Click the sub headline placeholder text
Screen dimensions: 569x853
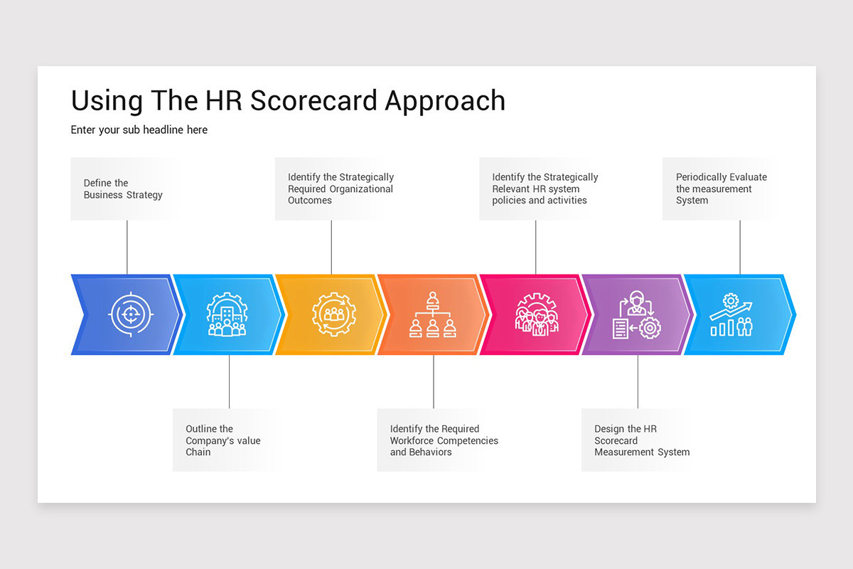[x=139, y=130]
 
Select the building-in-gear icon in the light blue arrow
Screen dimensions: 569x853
[x=227, y=314]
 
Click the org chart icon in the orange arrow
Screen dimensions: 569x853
[x=432, y=314]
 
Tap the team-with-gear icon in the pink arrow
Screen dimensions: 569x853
[x=537, y=314]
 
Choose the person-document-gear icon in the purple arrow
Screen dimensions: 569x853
[x=636, y=314]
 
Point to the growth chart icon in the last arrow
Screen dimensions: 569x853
[x=731, y=314]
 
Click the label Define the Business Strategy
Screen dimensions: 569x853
[x=123, y=189]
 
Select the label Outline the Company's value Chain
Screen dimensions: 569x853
[x=223, y=440]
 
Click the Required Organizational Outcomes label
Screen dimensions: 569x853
[x=340, y=189]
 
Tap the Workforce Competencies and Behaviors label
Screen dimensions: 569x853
[x=444, y=440]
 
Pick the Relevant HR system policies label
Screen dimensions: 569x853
[x=544, y=189]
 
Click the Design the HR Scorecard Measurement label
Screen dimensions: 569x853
[x=641, y=440]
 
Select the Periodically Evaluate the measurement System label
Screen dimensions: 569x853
[x=721, y=189]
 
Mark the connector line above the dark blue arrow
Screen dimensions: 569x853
[x=127, y=247]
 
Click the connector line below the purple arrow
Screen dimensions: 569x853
[x=638, y=381]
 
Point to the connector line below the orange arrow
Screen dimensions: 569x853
[x=434, y=381]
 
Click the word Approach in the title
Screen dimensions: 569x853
[x=445, y=101]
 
